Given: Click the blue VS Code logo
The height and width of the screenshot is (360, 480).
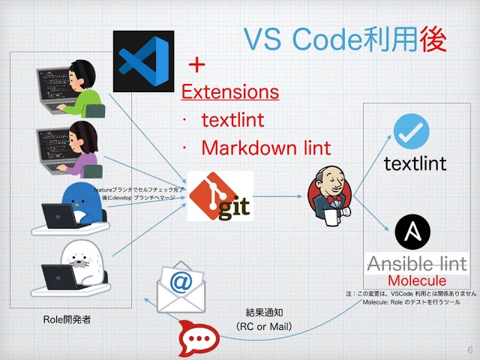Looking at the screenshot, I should (x=143, y=61).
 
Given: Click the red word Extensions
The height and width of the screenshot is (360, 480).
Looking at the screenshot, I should (x=231, y=92).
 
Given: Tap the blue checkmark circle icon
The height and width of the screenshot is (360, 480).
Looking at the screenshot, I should (x=411, y=131).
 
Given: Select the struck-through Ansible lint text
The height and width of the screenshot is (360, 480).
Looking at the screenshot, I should (x=417, y=264).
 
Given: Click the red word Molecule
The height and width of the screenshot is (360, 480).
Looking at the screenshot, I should (x=417, y=280).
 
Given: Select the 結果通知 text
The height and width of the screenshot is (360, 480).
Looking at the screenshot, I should (x=264, y=312).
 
